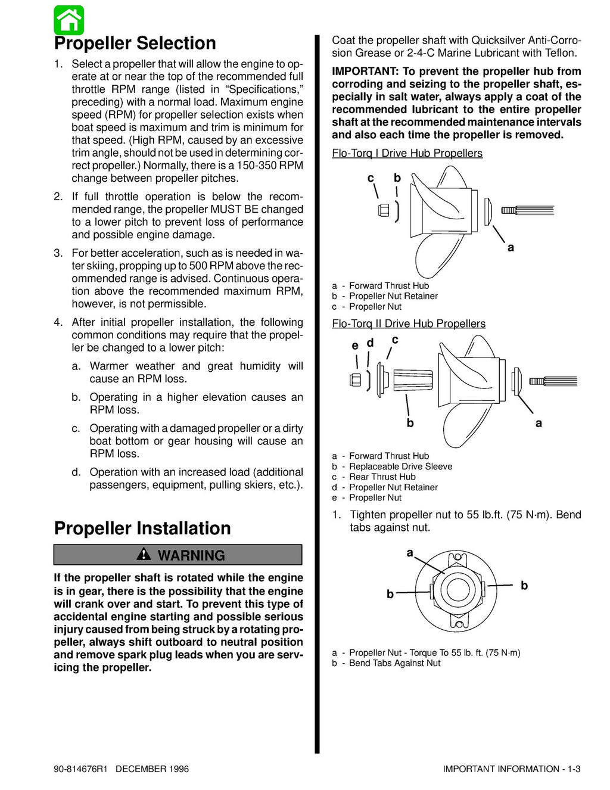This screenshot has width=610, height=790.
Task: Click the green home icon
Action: pyautogui.click(x=69, y=20)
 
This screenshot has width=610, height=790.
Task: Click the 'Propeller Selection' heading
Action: pyautogui.click(x=135, y=43)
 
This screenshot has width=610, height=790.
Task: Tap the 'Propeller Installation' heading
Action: pyautogui.click(x=142, y=528)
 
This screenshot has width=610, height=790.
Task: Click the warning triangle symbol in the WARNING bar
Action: pyautogui.click(x=144, y=555)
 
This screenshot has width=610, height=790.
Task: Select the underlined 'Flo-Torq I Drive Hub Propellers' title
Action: pyautogui.click(x=407, y=153)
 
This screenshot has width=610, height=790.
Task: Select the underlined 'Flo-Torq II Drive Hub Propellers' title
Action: pyautogui.click(x=409, y=324)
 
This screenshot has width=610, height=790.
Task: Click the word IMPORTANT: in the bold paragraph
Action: pyautogui.click(x=365, y=71)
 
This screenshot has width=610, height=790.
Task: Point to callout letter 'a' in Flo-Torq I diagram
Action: pyautogui.click(x=511, y=247)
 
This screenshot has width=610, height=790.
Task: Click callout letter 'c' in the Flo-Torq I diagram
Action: pyautogui.click(x=371, y=178)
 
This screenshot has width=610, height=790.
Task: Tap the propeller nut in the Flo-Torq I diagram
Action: pyautogui.click(x=384, y=210)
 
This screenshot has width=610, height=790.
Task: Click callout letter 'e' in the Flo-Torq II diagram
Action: pyautogui.click(x=355, y=346)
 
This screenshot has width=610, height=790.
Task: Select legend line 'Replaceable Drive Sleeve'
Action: pyautogui.click(x=400, y=466)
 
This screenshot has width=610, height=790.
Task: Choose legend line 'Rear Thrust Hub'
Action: pyautogui.click(x=382, y=477)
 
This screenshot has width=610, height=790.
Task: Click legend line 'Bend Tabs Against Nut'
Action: pyautogui.click(x=394, y=663)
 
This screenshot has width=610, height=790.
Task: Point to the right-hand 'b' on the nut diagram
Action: pyautogui.click(x=524, y=586)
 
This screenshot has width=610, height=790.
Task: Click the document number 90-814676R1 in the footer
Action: pyautogui.click(x=80, y=769)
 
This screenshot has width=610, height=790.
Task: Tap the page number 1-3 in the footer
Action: pyautogui.click(x=573, y=769)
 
